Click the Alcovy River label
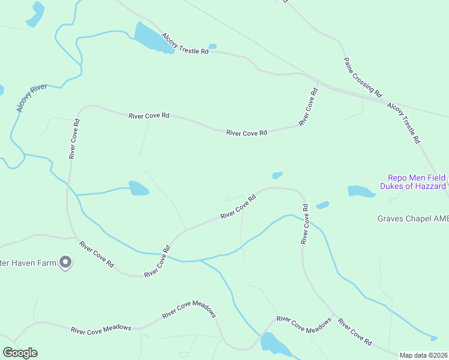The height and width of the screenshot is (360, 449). (32, 98)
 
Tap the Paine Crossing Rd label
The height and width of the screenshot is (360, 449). (363, 77)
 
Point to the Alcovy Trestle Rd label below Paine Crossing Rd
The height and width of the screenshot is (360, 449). (403, 123)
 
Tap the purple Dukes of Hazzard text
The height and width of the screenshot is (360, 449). (413, 187)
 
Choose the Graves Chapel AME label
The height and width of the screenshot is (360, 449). (412, 219)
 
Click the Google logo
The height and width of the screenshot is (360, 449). (20, 352)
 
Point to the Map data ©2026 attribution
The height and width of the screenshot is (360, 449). (423, 355)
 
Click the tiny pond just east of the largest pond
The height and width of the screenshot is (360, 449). (212, 46)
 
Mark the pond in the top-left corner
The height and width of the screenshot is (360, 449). (35, 14)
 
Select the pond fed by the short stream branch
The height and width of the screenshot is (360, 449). (139, 188)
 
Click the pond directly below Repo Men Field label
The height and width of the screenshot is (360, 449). (361, 191)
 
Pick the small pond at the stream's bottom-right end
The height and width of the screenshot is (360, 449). (434, 338)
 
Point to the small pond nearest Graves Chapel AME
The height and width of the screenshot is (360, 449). (323, 205)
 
